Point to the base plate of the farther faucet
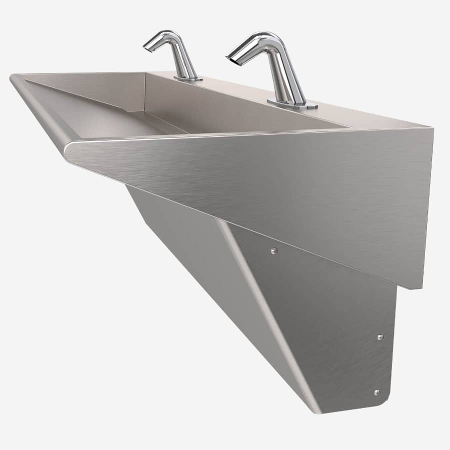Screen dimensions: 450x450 click(188, 78)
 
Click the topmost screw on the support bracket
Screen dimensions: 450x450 click(273, 251)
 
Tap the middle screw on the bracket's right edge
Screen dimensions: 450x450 click(380, 337)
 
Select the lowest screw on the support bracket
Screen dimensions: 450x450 click(376, 392)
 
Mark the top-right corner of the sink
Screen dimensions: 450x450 click(431, 129)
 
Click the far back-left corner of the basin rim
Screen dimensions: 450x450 click(15, 76)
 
